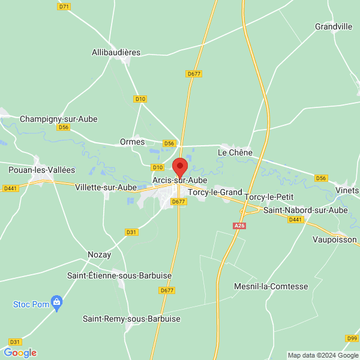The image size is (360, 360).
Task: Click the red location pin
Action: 180,167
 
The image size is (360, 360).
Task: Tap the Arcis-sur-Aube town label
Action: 180,180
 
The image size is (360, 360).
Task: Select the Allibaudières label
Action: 116,52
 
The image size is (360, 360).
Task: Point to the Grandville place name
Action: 334,26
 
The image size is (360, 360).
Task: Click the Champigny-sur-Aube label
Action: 58,119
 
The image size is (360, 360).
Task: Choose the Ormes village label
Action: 133,142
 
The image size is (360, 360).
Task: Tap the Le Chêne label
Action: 235,152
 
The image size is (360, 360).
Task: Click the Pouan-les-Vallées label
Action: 34,170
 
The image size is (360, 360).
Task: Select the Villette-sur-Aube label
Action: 106,187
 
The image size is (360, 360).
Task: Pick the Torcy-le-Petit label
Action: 269,197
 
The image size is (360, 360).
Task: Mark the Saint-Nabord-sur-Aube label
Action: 305,210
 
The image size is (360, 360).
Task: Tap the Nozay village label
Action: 99,254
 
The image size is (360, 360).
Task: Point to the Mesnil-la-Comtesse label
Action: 271,286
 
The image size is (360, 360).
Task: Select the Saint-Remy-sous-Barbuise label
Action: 131,319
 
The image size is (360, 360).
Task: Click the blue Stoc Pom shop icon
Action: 57,302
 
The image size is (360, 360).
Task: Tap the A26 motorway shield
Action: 239,226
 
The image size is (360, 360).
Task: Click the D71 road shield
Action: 64,7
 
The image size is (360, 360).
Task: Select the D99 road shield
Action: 352,339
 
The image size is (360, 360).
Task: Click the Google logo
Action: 20,353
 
